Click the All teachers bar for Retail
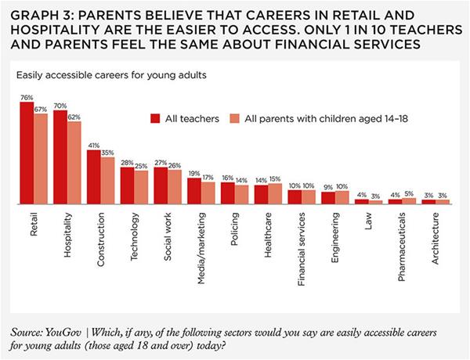coord(27,153)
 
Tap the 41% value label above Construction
coord(93,146)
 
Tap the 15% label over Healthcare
coord(275,179)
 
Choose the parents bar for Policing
coord(241,194)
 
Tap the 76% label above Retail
coord(27,98)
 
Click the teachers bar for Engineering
coord(327,197)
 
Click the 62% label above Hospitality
coord(74,117)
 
